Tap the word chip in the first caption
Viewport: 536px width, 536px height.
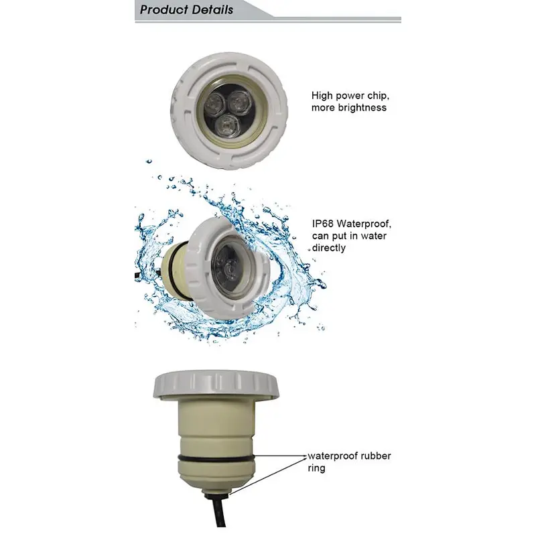pos(379,96)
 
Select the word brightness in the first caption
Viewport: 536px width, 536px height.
pos(362,108)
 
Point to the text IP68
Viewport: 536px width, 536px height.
pos(323,224)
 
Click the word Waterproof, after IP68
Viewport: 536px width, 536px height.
pos(364,224)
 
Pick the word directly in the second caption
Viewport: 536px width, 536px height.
pos(329,248)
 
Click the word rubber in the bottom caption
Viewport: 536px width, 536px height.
pos(376,456)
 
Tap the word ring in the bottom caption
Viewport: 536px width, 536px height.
pos(316,468)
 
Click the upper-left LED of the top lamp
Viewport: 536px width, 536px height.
pos(211,105)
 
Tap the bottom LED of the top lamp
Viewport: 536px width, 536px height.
pos(226,127)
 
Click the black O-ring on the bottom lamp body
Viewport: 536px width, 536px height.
pos(216,458)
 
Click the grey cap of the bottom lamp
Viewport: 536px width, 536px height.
pos(216,385)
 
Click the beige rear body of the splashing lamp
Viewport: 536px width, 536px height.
pos(177,267)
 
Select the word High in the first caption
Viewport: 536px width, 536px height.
pos(322,96)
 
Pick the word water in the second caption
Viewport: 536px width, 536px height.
pos(373,237)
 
